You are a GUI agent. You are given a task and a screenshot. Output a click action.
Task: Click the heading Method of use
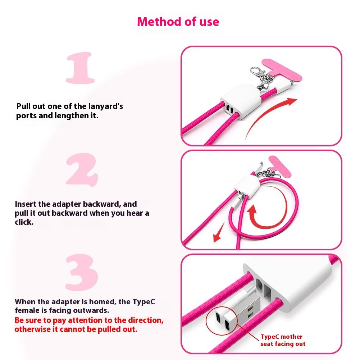tap(178, 22)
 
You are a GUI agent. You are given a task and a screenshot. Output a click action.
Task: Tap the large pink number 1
tap(80, 68)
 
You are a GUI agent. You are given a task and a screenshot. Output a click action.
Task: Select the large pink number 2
tap(82, 170)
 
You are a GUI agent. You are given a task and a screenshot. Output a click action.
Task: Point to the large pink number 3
tap(82, 272)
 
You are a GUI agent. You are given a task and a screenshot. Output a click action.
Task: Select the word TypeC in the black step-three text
tap(144, 301)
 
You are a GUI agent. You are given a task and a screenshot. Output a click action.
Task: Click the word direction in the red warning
tap(145, 320)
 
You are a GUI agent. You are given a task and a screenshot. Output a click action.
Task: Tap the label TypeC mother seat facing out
tap(283, 340)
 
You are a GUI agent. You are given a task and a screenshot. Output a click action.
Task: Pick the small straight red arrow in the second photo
tap(219, 232)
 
